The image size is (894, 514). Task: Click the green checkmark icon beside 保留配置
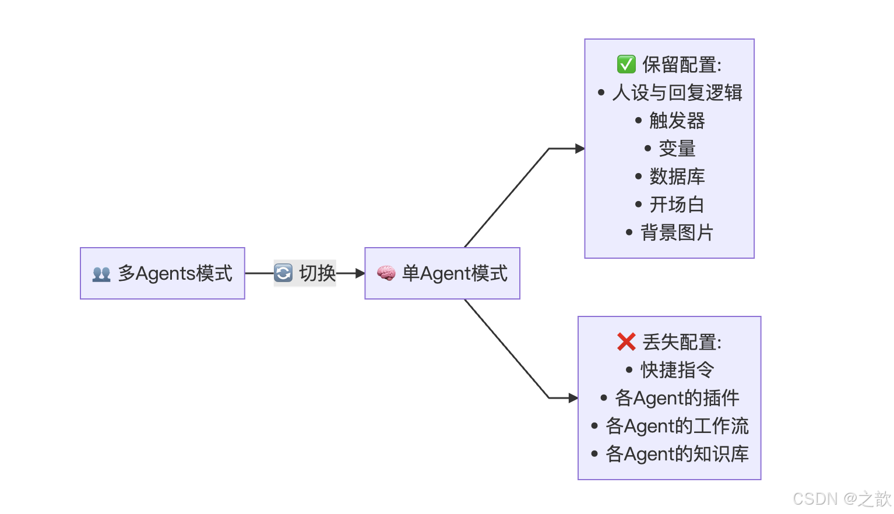click(x=626, y=64)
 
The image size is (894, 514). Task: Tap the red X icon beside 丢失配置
click(x=626, y=342)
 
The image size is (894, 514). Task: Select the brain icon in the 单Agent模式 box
click(x=386, y=273)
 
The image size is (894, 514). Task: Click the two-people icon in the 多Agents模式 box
click(x=101, y=274)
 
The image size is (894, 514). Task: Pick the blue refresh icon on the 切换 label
click(x=284, y=273)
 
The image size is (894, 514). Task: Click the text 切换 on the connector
click(x=317, y=273)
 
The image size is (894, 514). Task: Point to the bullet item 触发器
click(x=677, y=121)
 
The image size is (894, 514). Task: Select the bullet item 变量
click(x=677, y=149)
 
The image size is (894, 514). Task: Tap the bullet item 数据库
click(x=677, y=177)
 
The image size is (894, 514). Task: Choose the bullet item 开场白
click(x=677, y=205)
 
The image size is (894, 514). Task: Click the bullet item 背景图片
click(x=677, y=233)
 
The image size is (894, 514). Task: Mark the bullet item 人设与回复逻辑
click(x=677, y=93)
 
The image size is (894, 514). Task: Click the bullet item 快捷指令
click(x=677, y=369)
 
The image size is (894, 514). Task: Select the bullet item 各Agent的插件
click(x=677, y=398)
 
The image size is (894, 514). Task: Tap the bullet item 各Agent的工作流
click(x=677, y=426)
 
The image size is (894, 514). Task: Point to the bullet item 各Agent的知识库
click(x=677, y=454)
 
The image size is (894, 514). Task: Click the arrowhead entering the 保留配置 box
click(x=580, y=149)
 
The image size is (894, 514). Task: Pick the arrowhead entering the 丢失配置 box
click(x=573, y=398)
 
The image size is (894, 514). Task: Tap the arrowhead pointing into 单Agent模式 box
click(x=360, y=273)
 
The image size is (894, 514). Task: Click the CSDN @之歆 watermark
click(x=842, y=499)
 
